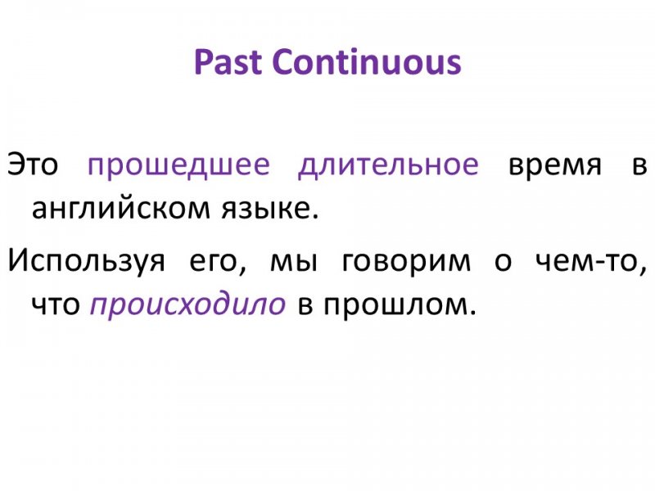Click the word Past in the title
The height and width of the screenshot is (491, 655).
point(228,62)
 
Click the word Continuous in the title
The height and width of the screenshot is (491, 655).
point(367,62)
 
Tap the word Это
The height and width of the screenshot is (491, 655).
point(33,164)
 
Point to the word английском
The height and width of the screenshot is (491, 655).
point(121,209)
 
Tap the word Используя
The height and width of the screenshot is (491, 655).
point(87,261)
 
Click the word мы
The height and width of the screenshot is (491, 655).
point(294,262)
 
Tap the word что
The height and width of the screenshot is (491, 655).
point(56,304)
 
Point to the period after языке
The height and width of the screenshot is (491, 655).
point(314,216)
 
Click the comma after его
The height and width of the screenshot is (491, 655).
point(243,272)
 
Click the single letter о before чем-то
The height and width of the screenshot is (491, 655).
point(503,262)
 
